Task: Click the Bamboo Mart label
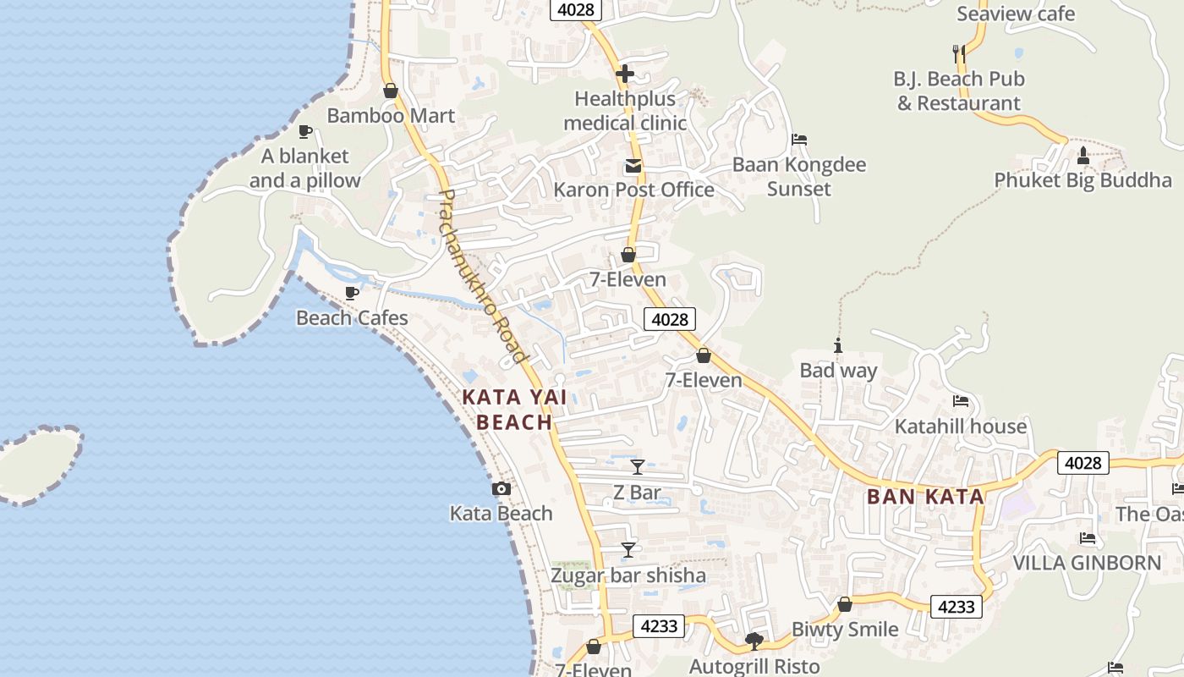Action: [391, 116]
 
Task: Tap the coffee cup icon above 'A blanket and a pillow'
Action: [305, 131]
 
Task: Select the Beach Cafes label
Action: [352, 318]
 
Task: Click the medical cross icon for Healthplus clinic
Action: [625, 74]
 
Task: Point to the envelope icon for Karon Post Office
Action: [633, 166]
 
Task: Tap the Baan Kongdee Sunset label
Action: [799, 176]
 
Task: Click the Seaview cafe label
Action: [1016, 14]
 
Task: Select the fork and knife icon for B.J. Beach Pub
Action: [959, 54]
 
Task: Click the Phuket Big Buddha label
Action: [1083, 180]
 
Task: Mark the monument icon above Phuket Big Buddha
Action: [1083, 156]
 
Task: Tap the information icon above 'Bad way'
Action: [838, 345]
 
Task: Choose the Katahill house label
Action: [961, 426]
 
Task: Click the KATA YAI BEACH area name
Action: [514, 409]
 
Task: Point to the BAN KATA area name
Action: [925, 497]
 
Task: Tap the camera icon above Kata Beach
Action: [502, 488]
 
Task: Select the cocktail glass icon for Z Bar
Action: [638, 466]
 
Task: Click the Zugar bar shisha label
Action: [628, 576]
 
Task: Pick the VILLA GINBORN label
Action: [1087, 563]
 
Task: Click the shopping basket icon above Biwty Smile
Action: [844, 604]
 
